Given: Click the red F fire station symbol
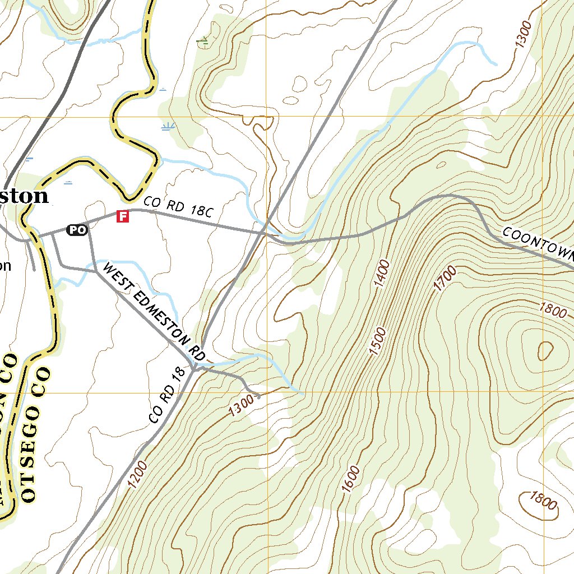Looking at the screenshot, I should [122, 216].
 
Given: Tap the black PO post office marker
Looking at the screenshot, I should [77, 229].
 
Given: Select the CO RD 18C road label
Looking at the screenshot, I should [179, 207].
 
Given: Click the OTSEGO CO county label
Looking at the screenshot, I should [35, 434].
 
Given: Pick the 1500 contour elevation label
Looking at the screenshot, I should [378, 341].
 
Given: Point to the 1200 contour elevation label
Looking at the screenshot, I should [137, 474].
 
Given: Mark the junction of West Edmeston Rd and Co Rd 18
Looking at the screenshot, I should [194, 368].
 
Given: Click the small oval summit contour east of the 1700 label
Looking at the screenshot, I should [544, 350].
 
